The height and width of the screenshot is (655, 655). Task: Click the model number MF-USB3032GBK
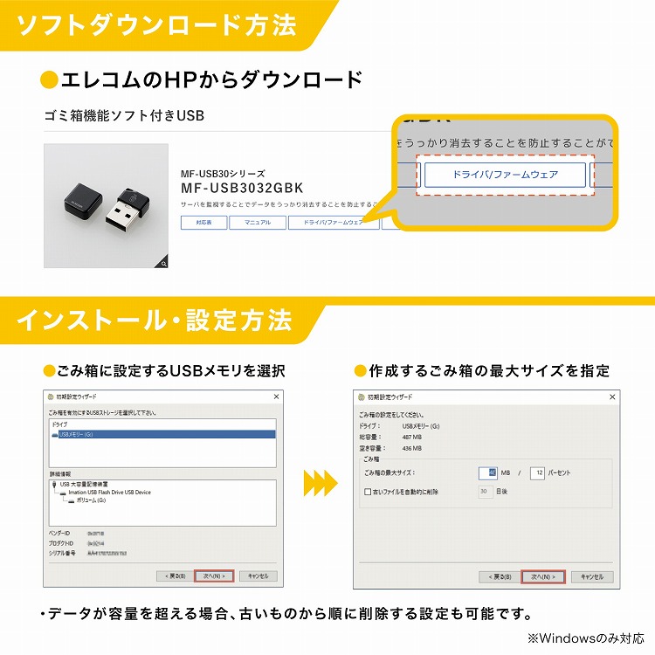(x=242, y=188)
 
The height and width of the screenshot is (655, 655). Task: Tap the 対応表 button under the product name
(x=203, y=223)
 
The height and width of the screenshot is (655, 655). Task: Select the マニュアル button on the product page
(x=257, y=223)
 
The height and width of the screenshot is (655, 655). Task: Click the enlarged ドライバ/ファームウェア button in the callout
(x=505, y=175)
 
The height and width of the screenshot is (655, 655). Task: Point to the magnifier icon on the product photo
(x=162, y=262)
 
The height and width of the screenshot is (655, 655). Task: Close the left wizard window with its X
(x=276, y=396)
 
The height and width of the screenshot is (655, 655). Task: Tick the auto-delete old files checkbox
(x=368, y=492)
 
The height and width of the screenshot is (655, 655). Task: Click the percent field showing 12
(x=537, y=472)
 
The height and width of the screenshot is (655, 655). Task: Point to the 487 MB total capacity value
(x=411, y=437)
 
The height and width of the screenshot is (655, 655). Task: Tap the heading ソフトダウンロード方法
(x=157, y=25)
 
